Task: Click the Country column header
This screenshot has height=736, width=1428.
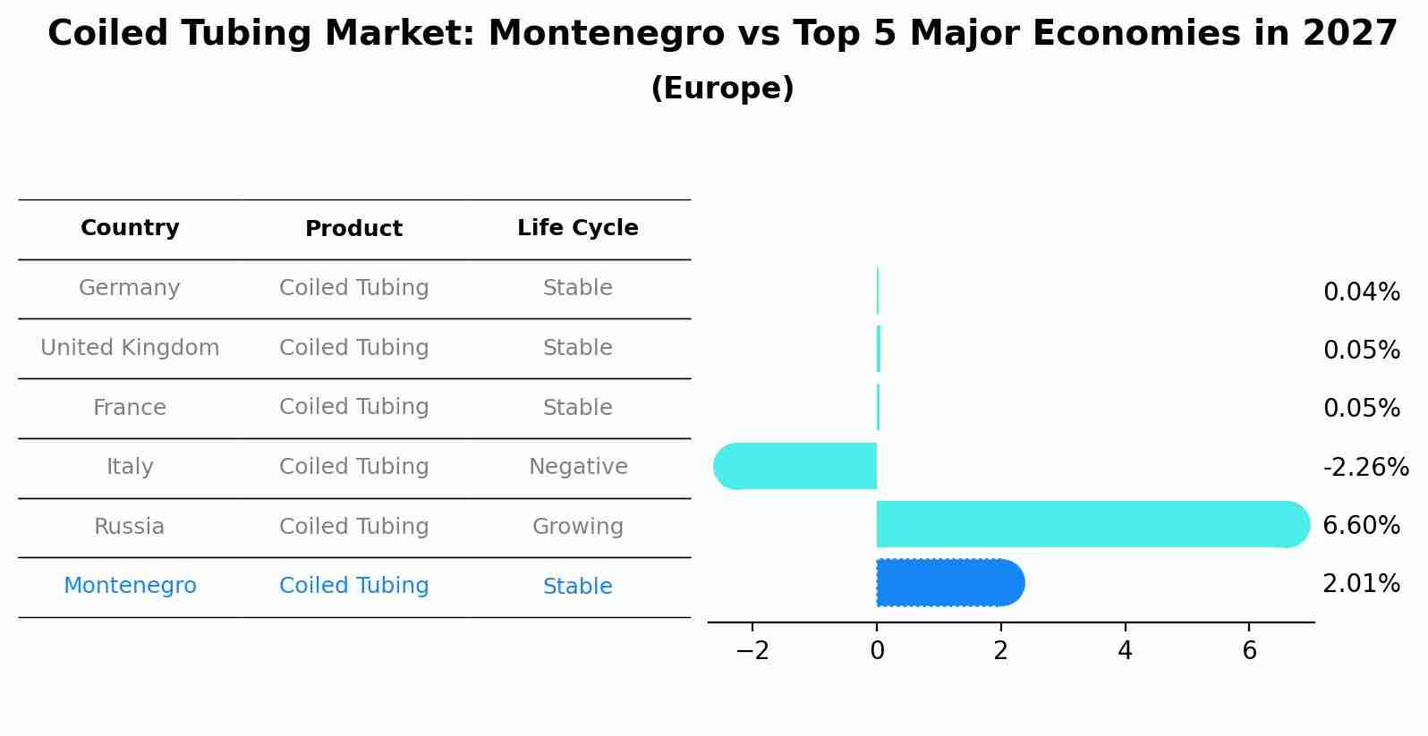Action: tap(130, 228)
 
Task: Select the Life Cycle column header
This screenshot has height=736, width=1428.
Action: tap(577, 228)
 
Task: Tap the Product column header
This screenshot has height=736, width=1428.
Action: tap(353, 229)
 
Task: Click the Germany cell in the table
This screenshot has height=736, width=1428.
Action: tap(130, 288)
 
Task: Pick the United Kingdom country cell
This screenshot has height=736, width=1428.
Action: tap(130, 348)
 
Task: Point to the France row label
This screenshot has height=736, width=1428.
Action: tap(130, 408)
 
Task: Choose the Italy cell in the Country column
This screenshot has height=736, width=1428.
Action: tap(130, 467)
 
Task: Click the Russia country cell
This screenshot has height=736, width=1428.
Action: tap(130, 527)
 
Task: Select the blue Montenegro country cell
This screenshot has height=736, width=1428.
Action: tap(130, 586)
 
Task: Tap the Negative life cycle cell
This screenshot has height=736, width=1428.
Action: tap(578, 467)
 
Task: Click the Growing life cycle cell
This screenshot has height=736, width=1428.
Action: tap(578, 527)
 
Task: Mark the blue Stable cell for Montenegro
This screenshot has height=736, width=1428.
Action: tap(578, 587)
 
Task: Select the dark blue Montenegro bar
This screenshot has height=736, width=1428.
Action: tap(948, 583)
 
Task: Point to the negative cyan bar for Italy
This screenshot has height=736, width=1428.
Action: tap(796, 466)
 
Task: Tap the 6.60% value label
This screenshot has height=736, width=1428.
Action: tap(1361, 525)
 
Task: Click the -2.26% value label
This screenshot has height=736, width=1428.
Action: tap(1365, 467)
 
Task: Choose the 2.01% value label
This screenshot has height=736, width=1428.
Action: tap(1361, 584)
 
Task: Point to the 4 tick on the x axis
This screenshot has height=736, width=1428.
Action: tap(1125, 651)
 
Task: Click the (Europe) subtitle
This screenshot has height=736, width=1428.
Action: tap(722, 89)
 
